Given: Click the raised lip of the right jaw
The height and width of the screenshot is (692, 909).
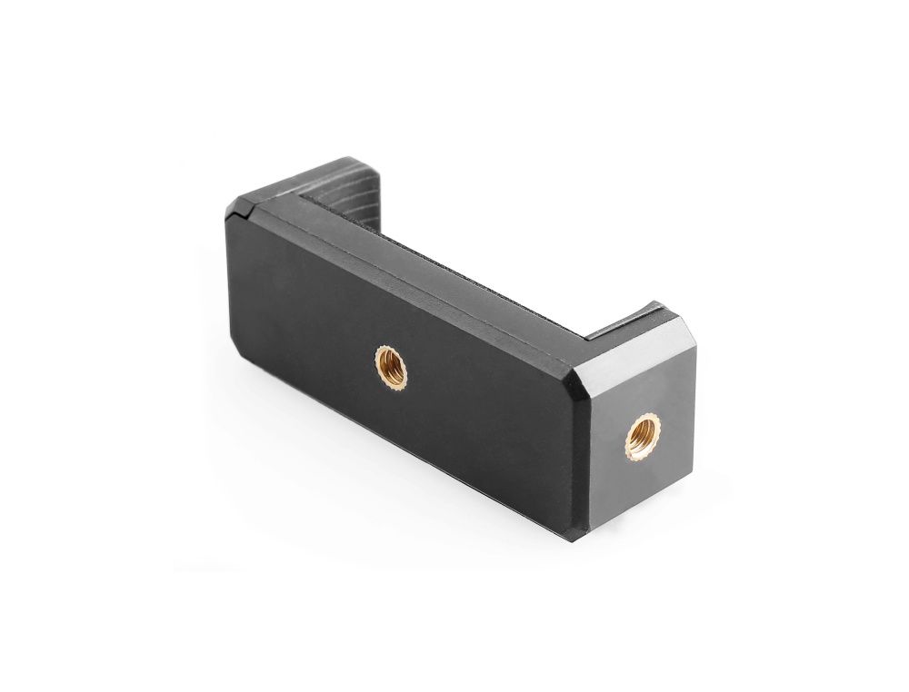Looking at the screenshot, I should [x=636, y=313].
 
